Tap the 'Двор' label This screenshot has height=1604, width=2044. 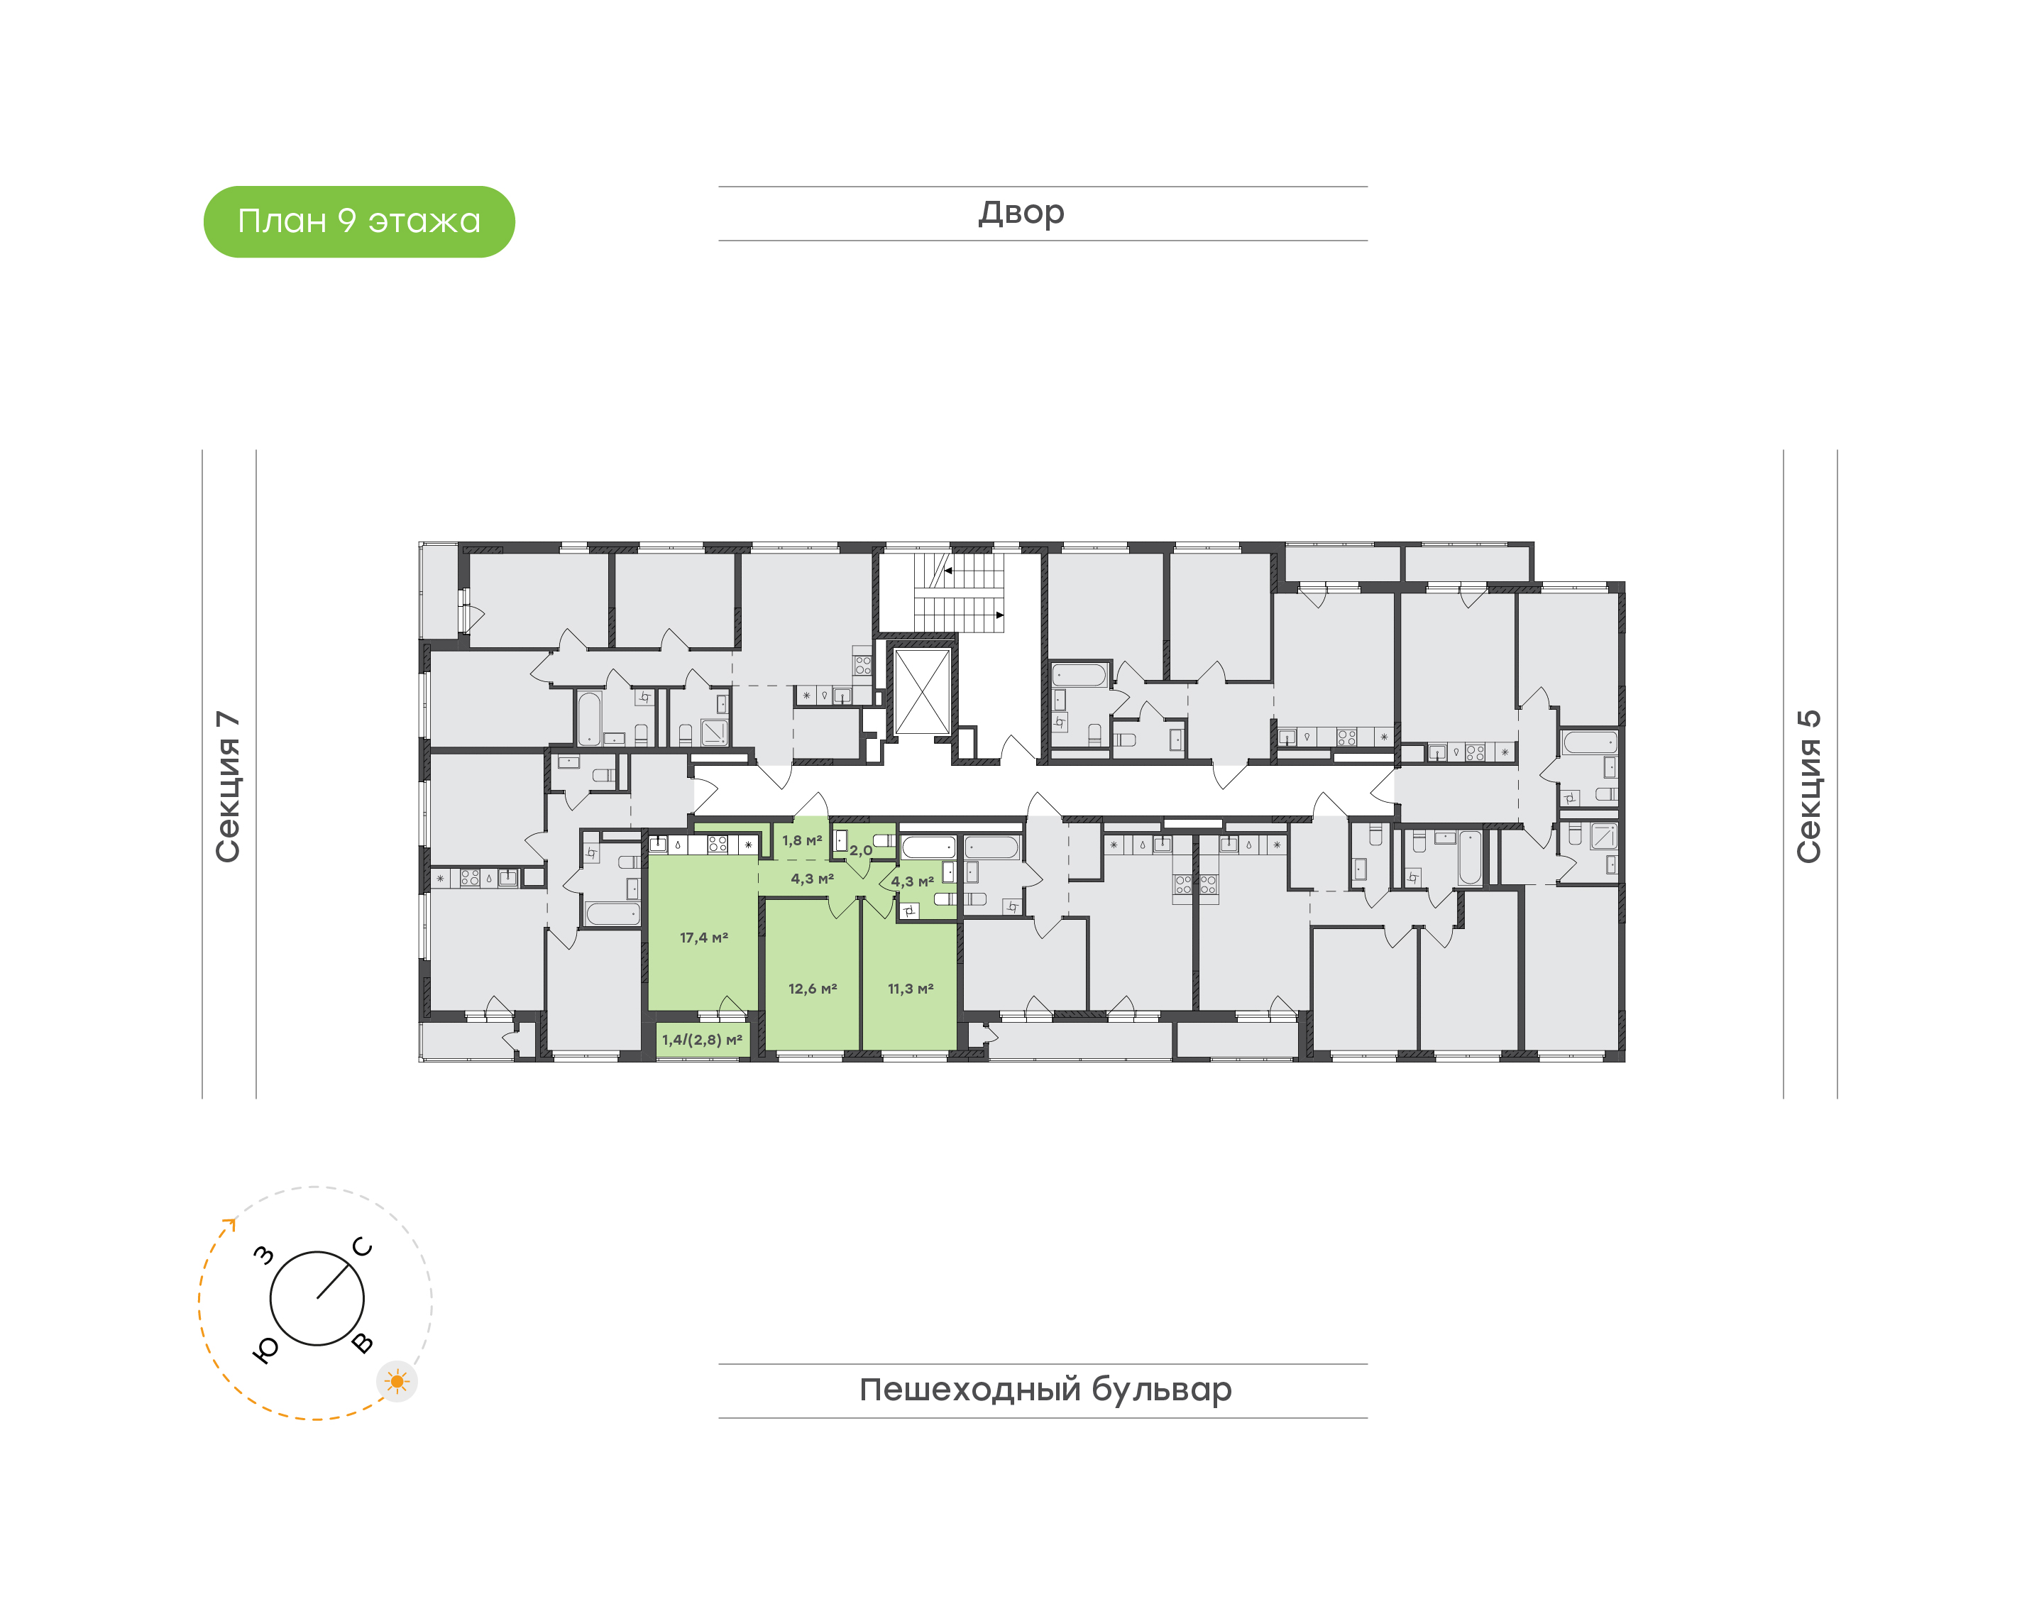[x=1021, y=213]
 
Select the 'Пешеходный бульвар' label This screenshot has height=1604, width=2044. [x=1045, y=1390]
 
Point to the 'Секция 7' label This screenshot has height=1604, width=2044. [x=228, y=786]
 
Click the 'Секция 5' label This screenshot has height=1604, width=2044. [x=1808, y=786]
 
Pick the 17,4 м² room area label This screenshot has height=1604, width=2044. [x=704, y=938]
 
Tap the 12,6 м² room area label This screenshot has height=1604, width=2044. [x=812, y=989]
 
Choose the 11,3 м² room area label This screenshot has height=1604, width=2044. [x=911, y=989]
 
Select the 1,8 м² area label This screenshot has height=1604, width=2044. [x=802, y=840]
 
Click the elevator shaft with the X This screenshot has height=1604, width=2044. [x=922, y=691]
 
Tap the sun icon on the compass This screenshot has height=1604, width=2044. [x=397, y=1381]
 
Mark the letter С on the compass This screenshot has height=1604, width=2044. [x=363, y=1247]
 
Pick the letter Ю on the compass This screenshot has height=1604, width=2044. [x=265, y=1349]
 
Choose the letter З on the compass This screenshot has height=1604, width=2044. [x=265, y=1255]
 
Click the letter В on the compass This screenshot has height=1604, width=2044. [x=363, y=1343]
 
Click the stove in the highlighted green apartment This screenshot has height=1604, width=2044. [x=718, y=843]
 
